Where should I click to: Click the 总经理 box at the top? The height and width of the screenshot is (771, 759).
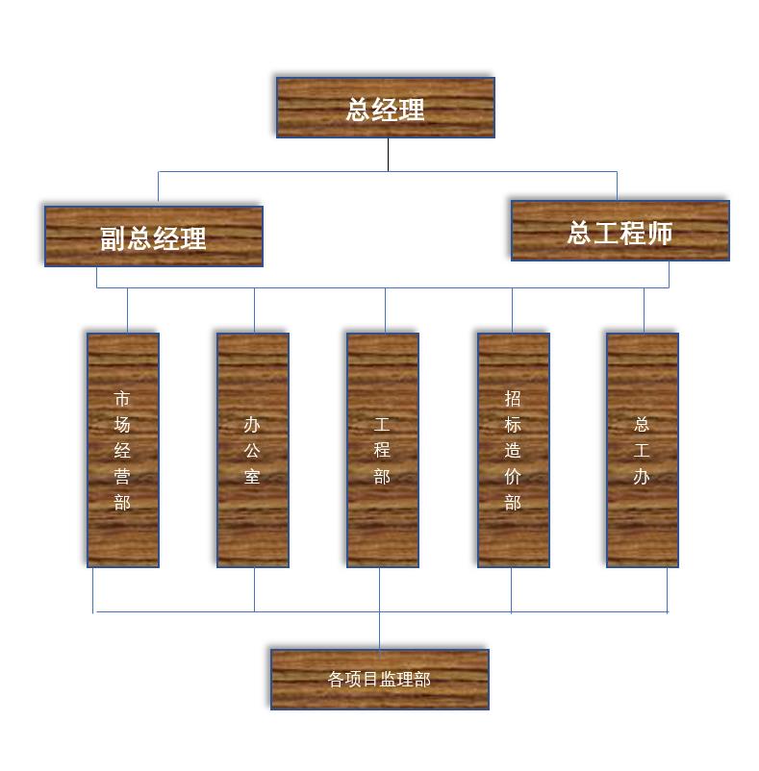pyautogui.click(x=385, y=108)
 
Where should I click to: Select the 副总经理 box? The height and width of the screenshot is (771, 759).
pyautogui.click(x=153, y=236)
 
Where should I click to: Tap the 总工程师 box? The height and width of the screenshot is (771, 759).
pyautogui.click(x=620, y=230)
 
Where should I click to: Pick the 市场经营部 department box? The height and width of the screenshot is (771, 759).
pyautogui.click(x=122, y=450)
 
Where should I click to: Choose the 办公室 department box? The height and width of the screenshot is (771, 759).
pyautogui.click(x=252, y=450)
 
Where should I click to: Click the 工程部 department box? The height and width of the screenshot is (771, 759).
pyautogui.click(x=382, y=450)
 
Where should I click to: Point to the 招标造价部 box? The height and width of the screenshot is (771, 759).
pyautogui.click(x=513, y=450)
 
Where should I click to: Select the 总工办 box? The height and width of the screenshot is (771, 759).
pyautogui.click(x=642, y=450)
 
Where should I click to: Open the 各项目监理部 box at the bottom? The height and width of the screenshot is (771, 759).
pyautogui.click(x=379, y=679)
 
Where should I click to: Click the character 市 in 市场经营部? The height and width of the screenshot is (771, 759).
pyautogui.click(x=122, y=398)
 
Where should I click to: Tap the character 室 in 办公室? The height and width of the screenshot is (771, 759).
pyautogui.click(x=252, y=476)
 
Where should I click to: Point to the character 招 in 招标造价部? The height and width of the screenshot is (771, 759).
pyautogui.click(x=513, y=398)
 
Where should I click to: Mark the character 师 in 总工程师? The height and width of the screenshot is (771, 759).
pyautogui.click(x=660, y=233)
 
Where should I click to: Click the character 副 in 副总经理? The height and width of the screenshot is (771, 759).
pyautogui.click(x=114, y=238)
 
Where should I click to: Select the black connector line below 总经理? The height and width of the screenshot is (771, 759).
pyautogui.click(x=388, y=155)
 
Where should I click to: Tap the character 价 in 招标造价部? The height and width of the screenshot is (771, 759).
pyautogui.click(x=513, y=476)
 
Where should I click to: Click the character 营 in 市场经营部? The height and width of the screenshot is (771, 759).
pyautogui.click(x=122, y=476)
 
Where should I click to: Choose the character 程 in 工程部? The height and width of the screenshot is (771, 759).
pyautogui.click(x=382, y=450)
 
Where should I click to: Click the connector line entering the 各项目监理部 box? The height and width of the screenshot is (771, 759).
pyautogui.click(x=379, y=631)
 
